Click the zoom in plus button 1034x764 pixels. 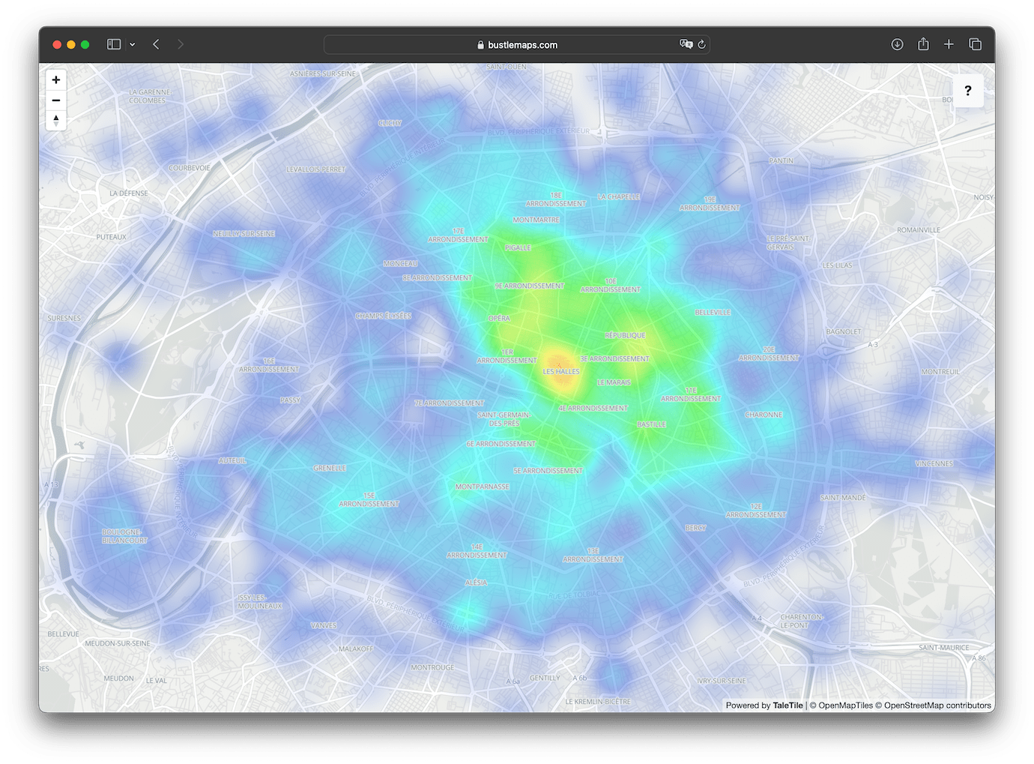coord(56,80)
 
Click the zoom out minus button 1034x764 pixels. coord(56,100)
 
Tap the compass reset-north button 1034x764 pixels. coord(56,120)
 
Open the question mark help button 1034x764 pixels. coord(967,91)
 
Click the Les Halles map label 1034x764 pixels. coord(561,371)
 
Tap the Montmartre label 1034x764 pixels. coord(536,220)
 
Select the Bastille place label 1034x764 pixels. coord(651,424)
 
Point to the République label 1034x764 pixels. coord(625,335)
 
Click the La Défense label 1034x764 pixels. coord(129,193)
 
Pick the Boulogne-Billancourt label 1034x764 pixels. coord(124,536)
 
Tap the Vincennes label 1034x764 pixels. coord(934,463)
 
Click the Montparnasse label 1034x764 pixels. coord(482,487)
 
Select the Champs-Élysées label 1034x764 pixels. coord(383,316)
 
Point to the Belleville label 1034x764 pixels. coord(713,312)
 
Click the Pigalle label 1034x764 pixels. coord(518,247)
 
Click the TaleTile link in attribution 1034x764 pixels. coord(787,706)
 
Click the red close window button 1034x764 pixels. coord(56,45)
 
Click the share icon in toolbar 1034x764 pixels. coord(923,44)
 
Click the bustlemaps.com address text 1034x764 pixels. coord(522,45)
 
